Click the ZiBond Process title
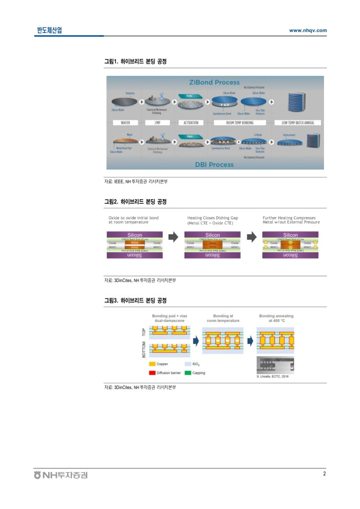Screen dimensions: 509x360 [x=214, y=82]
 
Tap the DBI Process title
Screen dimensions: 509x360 [x=214, y=165]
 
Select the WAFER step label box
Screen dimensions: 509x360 [x=123, y=123]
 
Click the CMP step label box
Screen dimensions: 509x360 [x=157, y=123]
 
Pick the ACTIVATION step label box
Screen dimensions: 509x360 [x=191, y=123]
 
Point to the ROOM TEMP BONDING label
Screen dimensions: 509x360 [x=239, y=123]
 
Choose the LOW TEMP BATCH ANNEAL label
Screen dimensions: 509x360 [x=298, y=123]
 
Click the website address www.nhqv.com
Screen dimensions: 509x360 [x=308, y=31]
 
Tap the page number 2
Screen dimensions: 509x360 [x=324, y=473]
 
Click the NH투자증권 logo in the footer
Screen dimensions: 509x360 [x=61, y=475]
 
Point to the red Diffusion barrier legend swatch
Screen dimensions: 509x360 [x=152, y=373]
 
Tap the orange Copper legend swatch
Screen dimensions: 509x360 [x=152, y=364]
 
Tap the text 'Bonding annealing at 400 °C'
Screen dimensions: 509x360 [x=276, y=318]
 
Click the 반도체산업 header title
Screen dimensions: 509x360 [x=49, y=30]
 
